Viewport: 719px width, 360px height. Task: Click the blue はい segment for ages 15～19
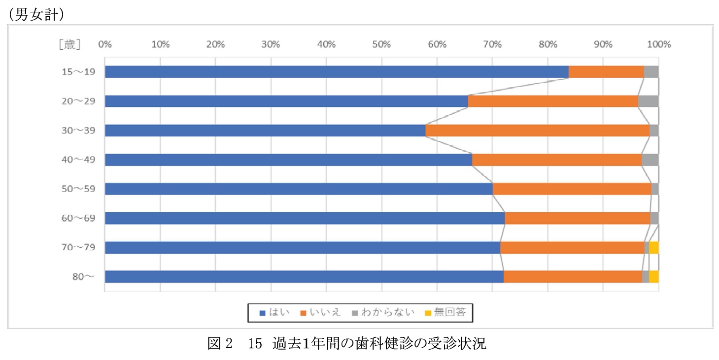(337, 72)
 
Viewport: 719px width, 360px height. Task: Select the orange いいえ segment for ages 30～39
(537, 131)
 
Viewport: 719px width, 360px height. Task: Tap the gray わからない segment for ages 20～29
(648, 101)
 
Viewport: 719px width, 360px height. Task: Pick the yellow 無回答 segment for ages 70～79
(653, 248)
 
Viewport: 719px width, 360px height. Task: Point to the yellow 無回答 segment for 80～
(653, 277)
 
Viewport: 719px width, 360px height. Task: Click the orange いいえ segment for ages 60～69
(577, 218)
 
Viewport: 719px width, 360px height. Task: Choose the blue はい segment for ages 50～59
(299, 189)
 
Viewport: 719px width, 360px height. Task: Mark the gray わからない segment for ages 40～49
(650, 160)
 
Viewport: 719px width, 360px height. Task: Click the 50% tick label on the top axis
(381, 44)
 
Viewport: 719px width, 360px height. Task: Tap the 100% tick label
(658, 44)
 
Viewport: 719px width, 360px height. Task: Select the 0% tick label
(104, 44)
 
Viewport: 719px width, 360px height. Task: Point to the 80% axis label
(548, 44)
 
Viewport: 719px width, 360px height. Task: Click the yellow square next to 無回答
(428, 313)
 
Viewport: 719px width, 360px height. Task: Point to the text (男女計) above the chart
(34, 15)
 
